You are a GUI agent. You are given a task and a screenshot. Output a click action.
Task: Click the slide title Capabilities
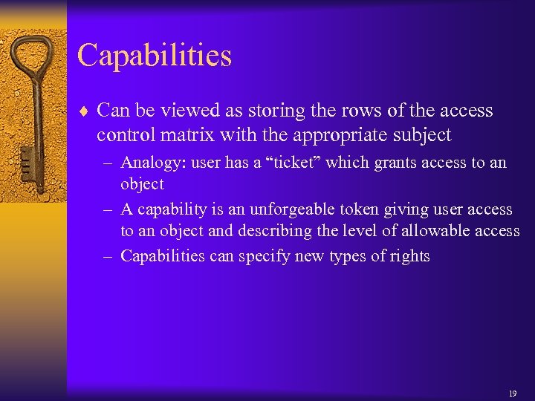(x=154, y=56)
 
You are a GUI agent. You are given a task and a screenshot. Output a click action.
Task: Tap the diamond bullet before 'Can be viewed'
(x=84, y=111)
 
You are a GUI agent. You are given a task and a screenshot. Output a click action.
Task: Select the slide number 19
(x=513, y=393)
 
